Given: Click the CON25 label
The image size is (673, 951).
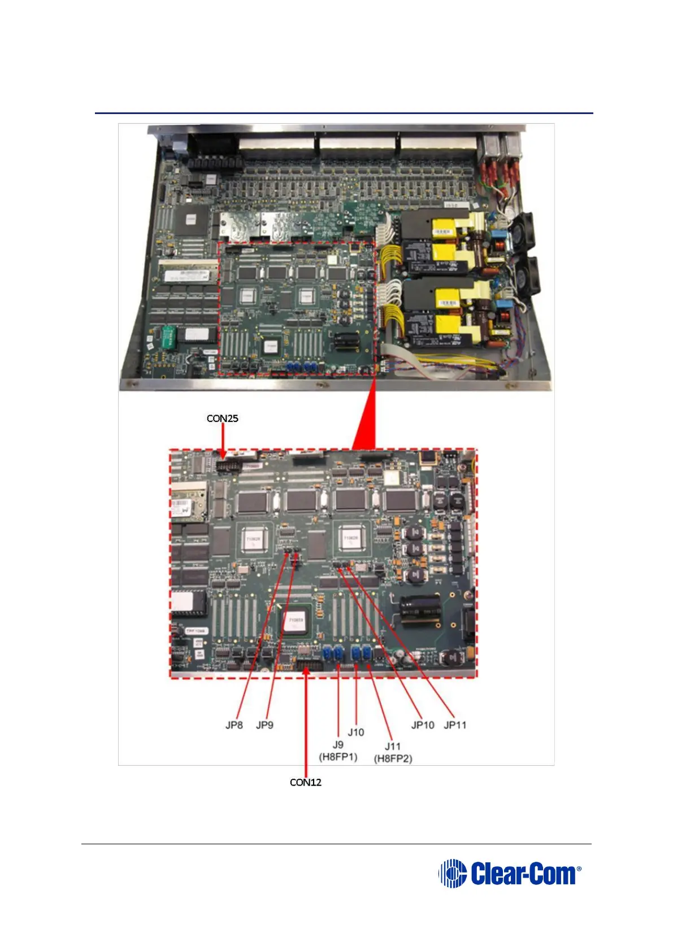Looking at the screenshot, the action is (222, 418).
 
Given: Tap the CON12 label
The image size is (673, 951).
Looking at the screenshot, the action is (305, 782).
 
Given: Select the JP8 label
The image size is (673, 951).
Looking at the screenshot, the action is (234, 725).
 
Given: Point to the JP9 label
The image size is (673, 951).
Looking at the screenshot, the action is (264, 725).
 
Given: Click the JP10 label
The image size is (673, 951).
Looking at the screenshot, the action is (423, 725).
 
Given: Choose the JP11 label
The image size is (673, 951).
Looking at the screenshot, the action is (455, 725).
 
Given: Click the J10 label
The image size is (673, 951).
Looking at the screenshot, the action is (356, 732).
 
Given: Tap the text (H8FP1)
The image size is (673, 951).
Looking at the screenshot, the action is (338, 757).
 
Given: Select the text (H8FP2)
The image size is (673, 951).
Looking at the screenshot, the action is (393, 758).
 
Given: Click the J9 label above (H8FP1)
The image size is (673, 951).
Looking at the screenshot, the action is (338, 745).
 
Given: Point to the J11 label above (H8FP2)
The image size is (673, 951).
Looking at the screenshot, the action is (393, 747).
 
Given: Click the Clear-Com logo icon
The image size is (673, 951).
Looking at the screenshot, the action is (452, 874).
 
